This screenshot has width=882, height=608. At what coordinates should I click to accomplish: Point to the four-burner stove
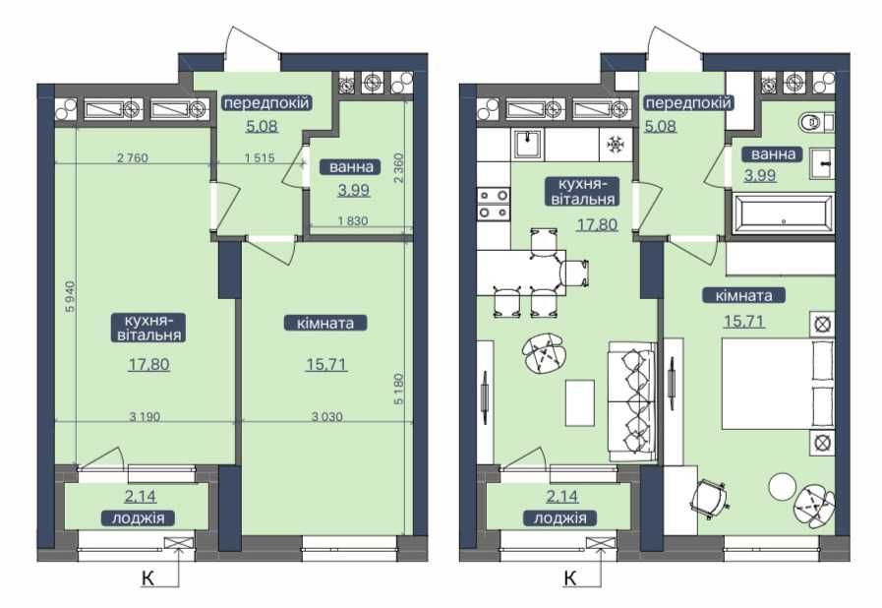coord(492,202)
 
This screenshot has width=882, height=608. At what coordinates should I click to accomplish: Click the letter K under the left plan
coord(147,578)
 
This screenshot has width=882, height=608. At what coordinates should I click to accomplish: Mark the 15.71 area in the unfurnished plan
coord(325,364)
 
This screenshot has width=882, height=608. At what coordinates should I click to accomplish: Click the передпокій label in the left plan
coord(265,103)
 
